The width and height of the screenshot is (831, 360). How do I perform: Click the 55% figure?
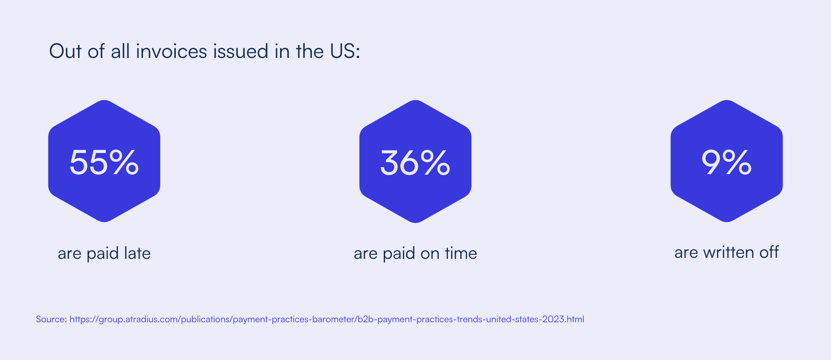point(104,162)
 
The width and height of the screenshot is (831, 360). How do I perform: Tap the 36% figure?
point(415,162)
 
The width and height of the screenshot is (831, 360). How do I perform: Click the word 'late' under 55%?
point(137,253)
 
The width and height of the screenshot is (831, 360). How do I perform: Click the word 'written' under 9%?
point(729,252)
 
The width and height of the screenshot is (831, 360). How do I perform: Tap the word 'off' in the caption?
point(769,252)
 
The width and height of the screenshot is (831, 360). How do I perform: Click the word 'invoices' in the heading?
point(171,51)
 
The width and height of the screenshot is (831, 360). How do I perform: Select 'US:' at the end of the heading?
point(345,51)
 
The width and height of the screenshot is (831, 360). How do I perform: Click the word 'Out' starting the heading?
point(65,51)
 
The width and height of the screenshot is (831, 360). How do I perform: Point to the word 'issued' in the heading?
point(240,51)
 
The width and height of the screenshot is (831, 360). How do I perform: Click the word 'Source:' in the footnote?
point(51,319)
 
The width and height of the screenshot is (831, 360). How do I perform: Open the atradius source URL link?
point(327,319)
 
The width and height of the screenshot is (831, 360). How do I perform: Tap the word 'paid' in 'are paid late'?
point(102,254)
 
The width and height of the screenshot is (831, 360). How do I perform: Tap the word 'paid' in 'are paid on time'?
point(399,254)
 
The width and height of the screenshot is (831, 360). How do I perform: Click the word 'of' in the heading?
point(96,51)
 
